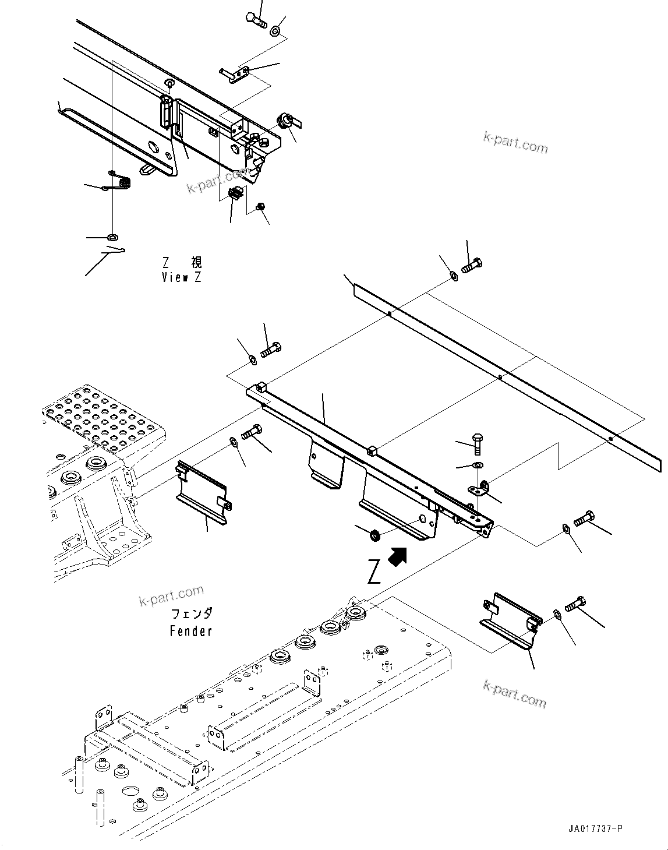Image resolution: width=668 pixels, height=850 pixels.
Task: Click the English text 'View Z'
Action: [181, 278]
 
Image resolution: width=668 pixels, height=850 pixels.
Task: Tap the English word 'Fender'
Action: [191, 630]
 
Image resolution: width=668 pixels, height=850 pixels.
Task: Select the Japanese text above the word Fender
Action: [192, 613]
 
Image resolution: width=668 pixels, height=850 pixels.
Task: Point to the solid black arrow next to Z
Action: [398, 556]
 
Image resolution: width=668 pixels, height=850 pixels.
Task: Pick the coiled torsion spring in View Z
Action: [121, 180]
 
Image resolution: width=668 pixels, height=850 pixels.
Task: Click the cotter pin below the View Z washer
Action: [114, 252]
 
